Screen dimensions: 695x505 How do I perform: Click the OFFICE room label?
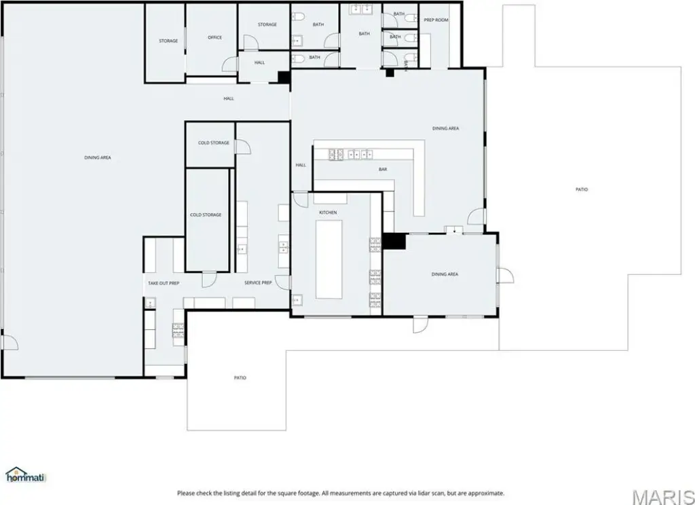215,38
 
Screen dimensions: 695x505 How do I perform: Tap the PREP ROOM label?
436,20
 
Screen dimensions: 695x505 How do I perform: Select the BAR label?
383,170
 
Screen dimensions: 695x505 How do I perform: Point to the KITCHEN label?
328,213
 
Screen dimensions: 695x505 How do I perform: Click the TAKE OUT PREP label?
164,283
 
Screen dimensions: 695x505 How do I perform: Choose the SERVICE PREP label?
258,283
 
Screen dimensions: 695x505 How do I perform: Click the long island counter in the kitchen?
329,259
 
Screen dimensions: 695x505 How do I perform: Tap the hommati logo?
26,475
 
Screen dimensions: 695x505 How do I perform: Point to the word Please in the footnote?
187,493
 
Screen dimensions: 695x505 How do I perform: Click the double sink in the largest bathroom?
361,9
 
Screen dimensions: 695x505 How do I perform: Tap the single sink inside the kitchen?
297,301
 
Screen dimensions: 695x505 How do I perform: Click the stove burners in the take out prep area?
179,331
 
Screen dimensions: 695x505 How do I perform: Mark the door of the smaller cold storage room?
243,147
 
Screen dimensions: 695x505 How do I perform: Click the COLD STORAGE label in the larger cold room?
206,215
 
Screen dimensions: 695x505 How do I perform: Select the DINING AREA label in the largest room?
98,158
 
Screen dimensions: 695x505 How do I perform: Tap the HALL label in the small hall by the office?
260,63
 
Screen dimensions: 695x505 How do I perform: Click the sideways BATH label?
406,65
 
